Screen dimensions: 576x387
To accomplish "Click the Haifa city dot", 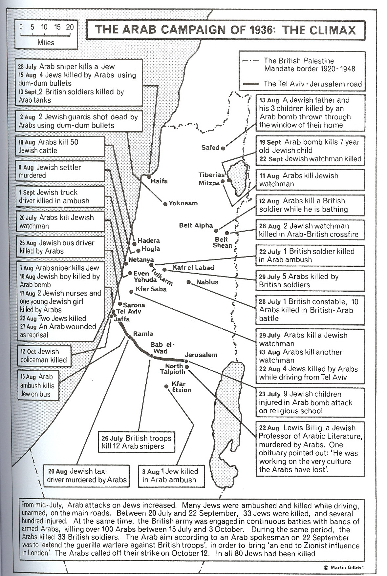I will pos(149,177).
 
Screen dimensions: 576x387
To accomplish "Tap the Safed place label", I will pos(210,148).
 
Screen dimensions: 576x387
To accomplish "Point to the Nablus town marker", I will pos(188,282).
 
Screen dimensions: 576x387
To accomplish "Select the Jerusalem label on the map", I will pos(201,355).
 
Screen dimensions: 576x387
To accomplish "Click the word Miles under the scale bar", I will pos(46,43).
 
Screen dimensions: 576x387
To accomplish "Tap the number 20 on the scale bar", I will pos(70,27).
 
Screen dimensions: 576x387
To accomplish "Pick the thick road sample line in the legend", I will pos(251,84).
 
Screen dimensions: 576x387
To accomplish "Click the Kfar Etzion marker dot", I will pos(166,386).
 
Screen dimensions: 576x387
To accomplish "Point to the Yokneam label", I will pos(183,203).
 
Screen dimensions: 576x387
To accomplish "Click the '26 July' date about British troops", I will pos(112,438).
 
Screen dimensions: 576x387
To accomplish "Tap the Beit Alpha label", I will pos(196,225).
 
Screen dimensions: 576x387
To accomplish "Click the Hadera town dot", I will pos(134,244).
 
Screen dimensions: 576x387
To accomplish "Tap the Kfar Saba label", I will pos(151,289).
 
